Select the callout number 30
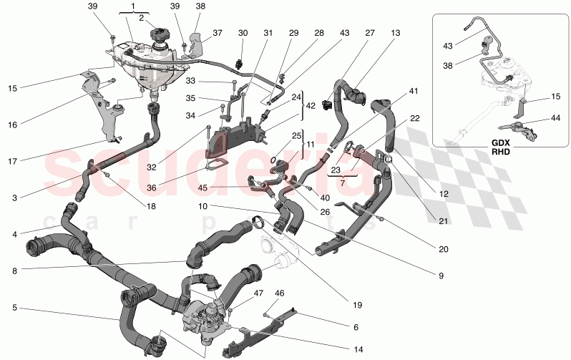click(243, 34)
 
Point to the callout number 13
click(396, 34)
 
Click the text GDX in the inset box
click(500, 142)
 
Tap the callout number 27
click(369, 34)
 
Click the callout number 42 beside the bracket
click(311, 105)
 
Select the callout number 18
click(150, 206)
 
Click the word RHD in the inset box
click(500, 152)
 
